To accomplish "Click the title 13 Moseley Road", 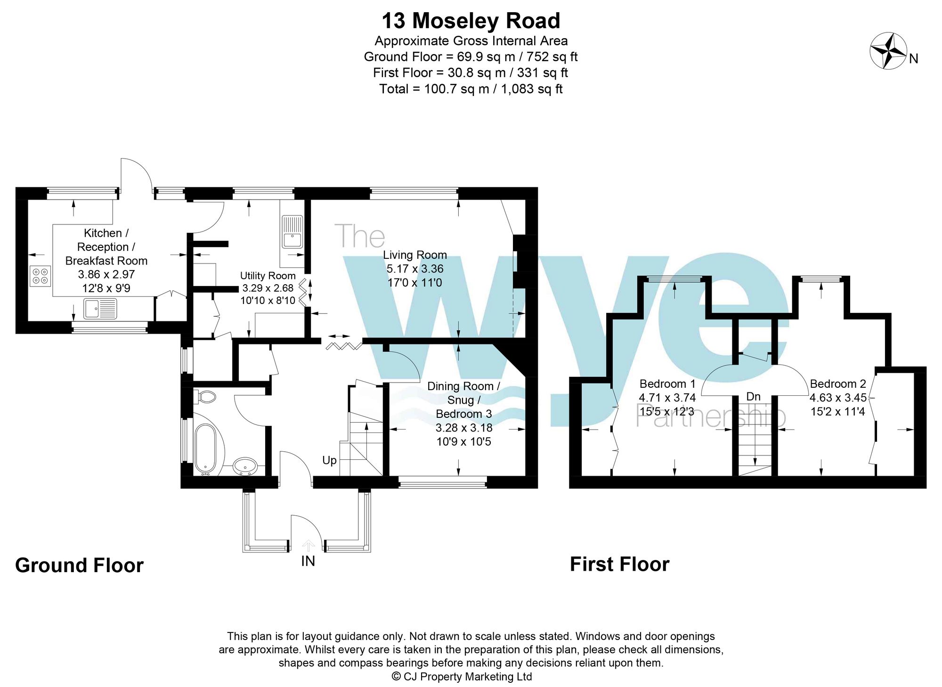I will (471, 21).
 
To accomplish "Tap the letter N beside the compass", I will (913, 59).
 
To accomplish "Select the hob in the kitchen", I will (41, 276).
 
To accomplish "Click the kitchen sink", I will (100, 309).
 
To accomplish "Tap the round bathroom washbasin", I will (245, 466).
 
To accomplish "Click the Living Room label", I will (414, 255).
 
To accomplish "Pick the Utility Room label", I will (268, 276).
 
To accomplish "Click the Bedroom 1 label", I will (667, 383).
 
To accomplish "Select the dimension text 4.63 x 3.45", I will (837, 398).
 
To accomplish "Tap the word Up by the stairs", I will (329, 460).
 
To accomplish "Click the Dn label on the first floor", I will (753, 397).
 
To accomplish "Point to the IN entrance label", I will (308, 561).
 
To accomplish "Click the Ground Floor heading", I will (79, 565).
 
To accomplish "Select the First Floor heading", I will (619, 564).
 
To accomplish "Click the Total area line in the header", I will (471, 89).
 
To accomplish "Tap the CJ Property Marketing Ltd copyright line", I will (462, 677).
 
